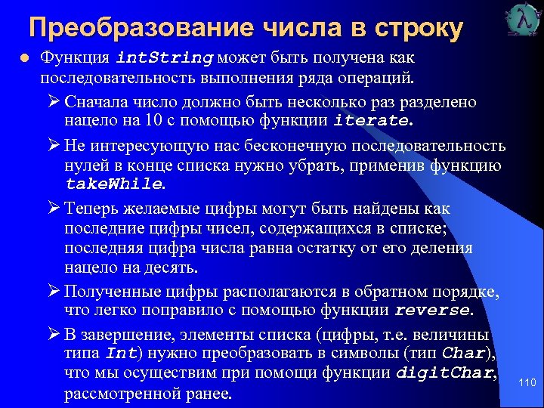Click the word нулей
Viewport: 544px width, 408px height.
tap(84, 164)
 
